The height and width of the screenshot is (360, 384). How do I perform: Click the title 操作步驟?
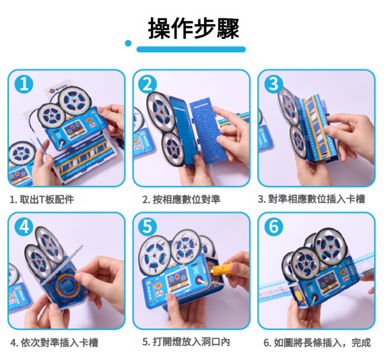point(193,28)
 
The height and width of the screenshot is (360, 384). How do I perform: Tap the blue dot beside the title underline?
point(128,43)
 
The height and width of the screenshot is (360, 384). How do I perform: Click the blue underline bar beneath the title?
point(191,49)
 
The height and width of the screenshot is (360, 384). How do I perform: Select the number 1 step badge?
point(24,84)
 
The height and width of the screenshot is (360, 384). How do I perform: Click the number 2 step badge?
point(147,84)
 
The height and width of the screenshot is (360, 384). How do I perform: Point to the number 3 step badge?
point(274,84)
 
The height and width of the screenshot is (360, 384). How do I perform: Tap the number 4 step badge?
point(24,227)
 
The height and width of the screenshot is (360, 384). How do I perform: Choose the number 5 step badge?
point(147,227)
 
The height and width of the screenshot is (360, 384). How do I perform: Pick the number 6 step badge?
point(274,227)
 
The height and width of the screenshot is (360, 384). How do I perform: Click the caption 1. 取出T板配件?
point(42,200)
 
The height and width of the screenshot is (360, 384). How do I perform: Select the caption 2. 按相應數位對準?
point(181,200)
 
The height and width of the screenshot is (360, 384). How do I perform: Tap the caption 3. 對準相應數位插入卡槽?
point(312,199)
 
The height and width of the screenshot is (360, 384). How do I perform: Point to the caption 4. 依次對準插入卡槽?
point(54,342)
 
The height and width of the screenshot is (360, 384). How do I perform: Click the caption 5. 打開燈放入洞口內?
point(186,342)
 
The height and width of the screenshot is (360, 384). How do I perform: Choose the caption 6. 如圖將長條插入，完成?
point(317,343)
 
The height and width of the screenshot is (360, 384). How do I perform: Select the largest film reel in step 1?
point(74,100)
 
